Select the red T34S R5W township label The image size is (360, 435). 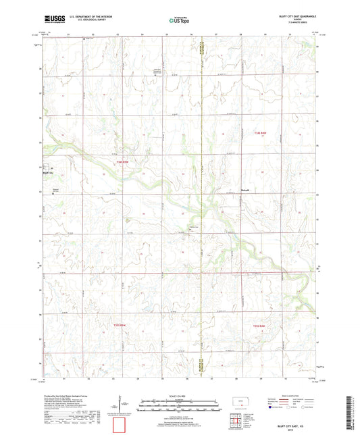[x=121, y=162]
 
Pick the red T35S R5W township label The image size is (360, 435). [x=114, y=326]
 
